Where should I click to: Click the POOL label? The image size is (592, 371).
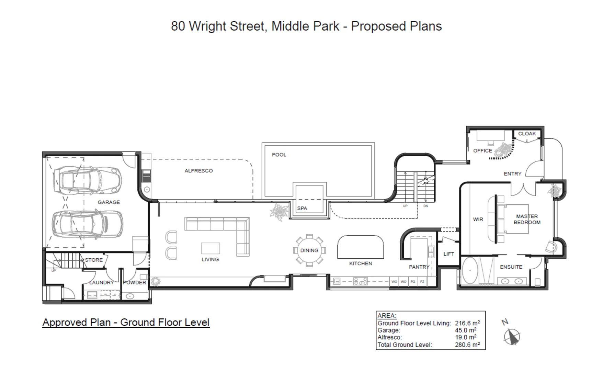(x=279, y=155)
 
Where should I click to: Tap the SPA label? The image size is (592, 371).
(x=302, y=208)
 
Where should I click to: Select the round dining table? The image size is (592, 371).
(x=309, y=250)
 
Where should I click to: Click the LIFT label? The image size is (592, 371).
(x=448, y=254)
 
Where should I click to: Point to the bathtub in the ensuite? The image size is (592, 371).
(x=469, y=271)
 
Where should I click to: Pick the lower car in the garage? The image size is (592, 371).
(x=87, y=224)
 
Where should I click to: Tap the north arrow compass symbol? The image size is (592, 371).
(x=512, y=336)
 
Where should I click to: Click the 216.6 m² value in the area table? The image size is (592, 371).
(x=467, y=323)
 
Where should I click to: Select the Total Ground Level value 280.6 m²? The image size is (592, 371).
(x=467, y=345)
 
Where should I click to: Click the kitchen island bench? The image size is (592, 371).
(x=360, y=247)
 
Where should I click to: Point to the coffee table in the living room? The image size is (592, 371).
(x=210, y=248)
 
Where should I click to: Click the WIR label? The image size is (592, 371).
(x=478, y=219)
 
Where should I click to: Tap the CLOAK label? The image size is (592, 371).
(x=527, y=134)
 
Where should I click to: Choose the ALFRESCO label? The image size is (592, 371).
(x=198, y=171)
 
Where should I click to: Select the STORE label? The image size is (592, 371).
(x=94, y=260)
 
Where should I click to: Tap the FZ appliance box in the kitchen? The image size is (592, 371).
(x=422, y=282)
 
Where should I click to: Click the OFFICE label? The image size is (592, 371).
(x=482, y=150)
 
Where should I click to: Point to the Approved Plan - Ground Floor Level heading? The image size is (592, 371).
(x=126, y=322)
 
